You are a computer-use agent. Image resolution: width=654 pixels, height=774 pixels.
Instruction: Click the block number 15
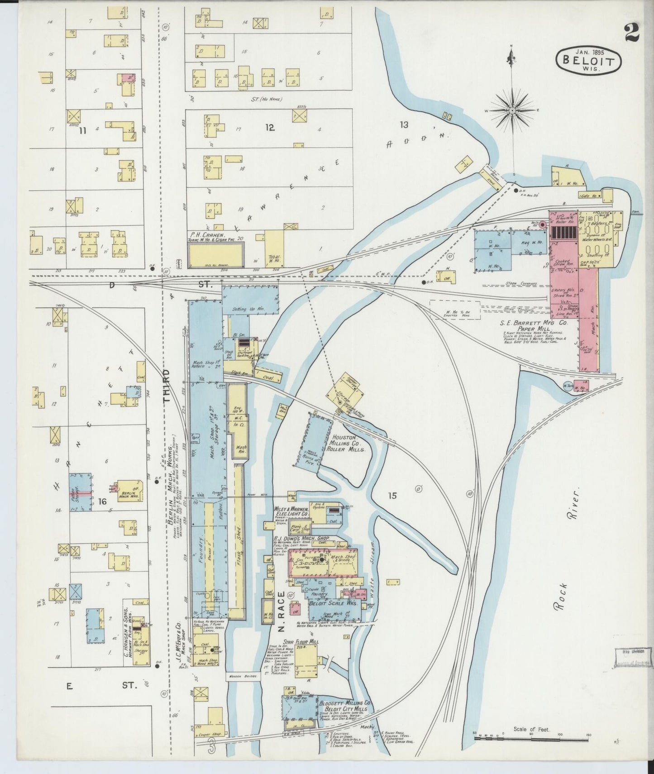pos(392,495)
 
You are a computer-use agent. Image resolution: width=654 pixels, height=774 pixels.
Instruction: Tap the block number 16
pos(103,501)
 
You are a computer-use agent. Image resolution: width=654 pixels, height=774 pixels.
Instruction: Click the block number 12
pos(270,128)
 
